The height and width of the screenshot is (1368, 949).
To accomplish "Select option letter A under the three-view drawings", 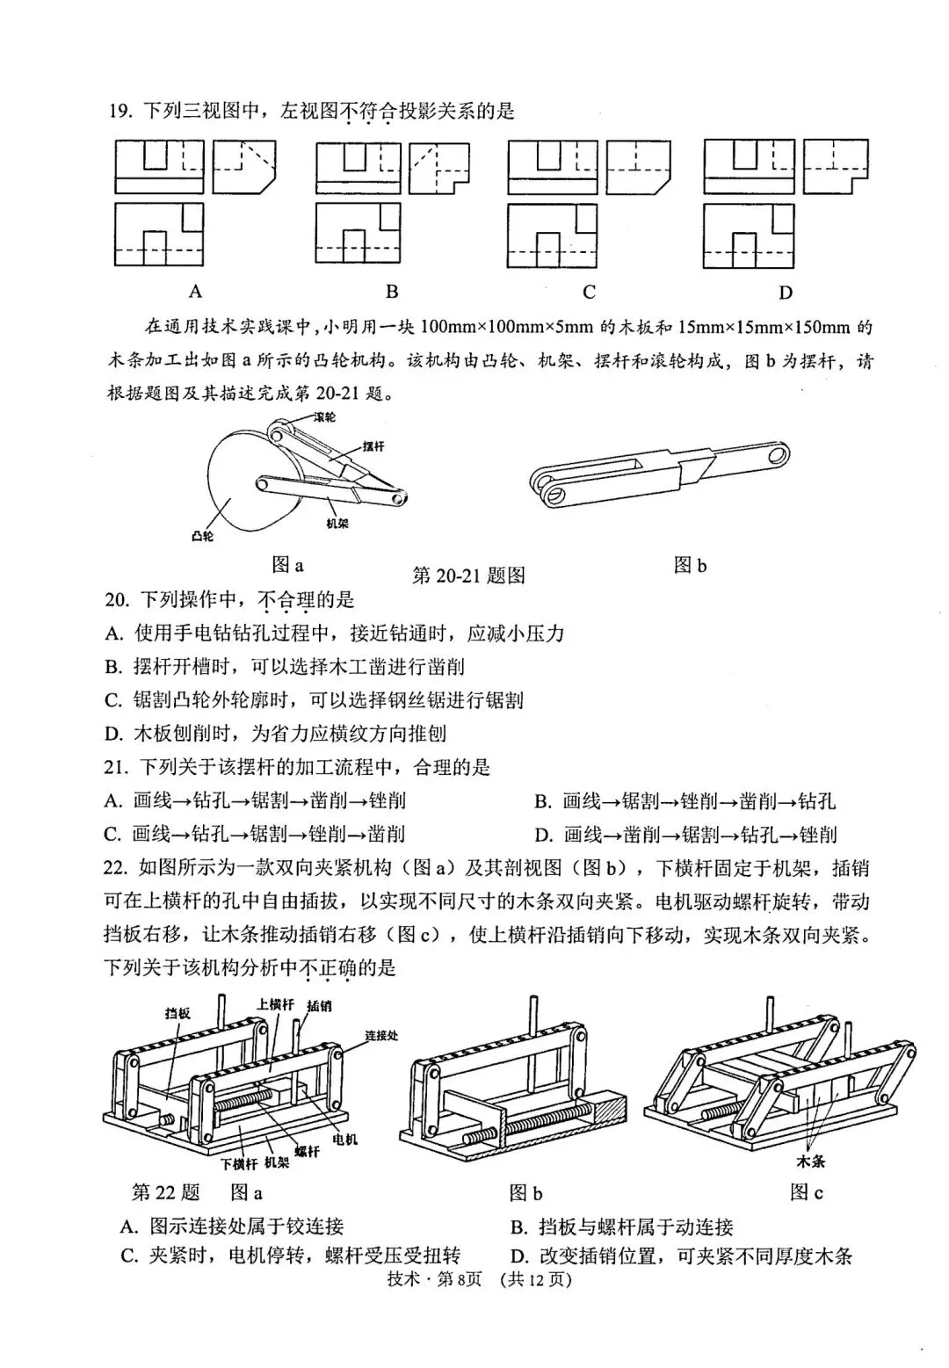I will coord(195,291).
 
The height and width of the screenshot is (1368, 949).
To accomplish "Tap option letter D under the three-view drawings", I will coord(786,292).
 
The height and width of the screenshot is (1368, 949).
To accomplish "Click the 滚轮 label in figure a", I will coord(324,416).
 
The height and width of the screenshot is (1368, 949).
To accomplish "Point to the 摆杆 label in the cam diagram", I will coord(373,446).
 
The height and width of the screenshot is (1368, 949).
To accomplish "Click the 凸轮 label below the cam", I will coord(202,535).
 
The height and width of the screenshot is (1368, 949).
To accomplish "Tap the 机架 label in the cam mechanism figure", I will coord(337,524).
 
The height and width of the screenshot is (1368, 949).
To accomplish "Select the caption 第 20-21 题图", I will coord(468,575).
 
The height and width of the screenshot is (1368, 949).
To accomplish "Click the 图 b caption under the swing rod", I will coord(690,566).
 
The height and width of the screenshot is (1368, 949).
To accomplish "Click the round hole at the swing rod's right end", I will coord(776,454).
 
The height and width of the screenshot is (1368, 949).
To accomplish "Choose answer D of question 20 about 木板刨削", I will coord(275,734).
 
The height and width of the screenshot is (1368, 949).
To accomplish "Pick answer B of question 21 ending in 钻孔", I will coord(685,800).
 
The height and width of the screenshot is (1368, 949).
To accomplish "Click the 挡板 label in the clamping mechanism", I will coord(177,1013).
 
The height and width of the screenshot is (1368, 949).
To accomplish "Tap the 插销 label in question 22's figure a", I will coord(319,1006).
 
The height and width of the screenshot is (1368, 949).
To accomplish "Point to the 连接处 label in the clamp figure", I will coord(381,1036).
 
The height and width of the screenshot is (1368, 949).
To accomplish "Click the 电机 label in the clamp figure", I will coord(344,1140).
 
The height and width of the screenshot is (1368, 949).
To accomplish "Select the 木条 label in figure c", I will coord(810,1161).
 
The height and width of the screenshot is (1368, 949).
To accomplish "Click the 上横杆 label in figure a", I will coord(275,1003).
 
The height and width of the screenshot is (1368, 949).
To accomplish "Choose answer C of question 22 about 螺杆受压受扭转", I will coord(290,1256).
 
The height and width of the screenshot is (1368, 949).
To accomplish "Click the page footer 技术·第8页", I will coord(436,1279).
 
